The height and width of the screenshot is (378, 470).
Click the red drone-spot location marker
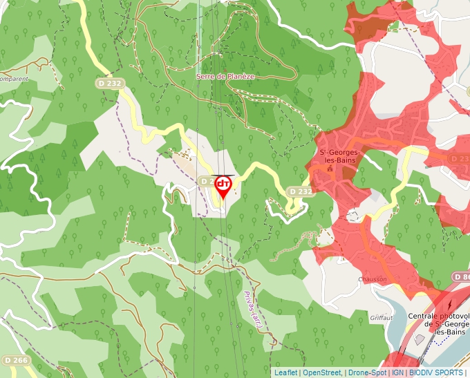[x=223, y=185]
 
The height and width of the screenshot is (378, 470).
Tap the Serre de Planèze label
[x=225, y=76]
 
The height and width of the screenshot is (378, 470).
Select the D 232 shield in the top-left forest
[x=109, y=84]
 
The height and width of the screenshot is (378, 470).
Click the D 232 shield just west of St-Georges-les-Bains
[x=301, y=191]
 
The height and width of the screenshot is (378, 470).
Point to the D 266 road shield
[x=15, y=360]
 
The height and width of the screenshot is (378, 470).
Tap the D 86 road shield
[x=461, y=276]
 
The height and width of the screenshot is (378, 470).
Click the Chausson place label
[x=372, y=279]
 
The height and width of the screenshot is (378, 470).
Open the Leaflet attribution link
[x=286, y=372]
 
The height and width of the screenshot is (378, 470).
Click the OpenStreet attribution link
[x=321, y=372]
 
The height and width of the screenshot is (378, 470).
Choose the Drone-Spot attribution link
[x=366, y=372]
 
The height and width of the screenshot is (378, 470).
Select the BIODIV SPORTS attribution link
[x=435, y=372]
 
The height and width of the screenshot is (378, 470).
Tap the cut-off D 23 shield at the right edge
[x=460, y=159]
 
